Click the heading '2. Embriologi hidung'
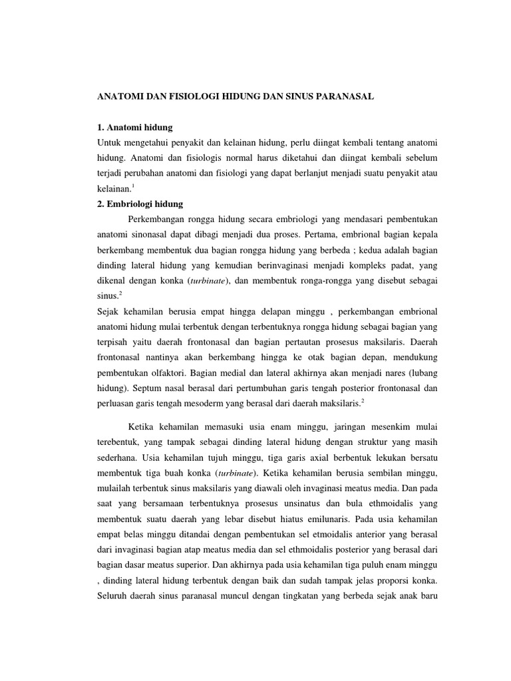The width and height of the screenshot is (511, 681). point(140,204)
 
